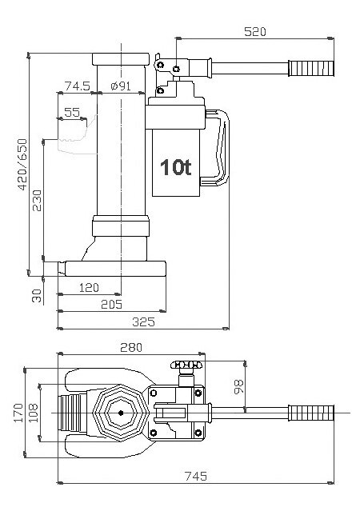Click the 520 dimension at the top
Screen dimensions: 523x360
coord(254,32)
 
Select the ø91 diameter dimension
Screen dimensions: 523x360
coord(120,86)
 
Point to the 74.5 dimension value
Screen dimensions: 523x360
coord(76,86)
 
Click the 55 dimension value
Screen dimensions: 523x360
coord(72,114)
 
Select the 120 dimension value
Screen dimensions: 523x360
coord(90,286)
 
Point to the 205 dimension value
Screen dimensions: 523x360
coord(111,305)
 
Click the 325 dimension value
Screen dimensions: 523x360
coord(142,321)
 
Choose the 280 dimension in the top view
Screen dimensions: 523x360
coord(130,348)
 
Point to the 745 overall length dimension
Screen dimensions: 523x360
coord(194,477)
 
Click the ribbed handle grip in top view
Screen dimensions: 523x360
coord(311,413)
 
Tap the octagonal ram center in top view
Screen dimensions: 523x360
coord(120,413)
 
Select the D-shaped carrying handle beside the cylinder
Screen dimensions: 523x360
coord(223,148)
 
